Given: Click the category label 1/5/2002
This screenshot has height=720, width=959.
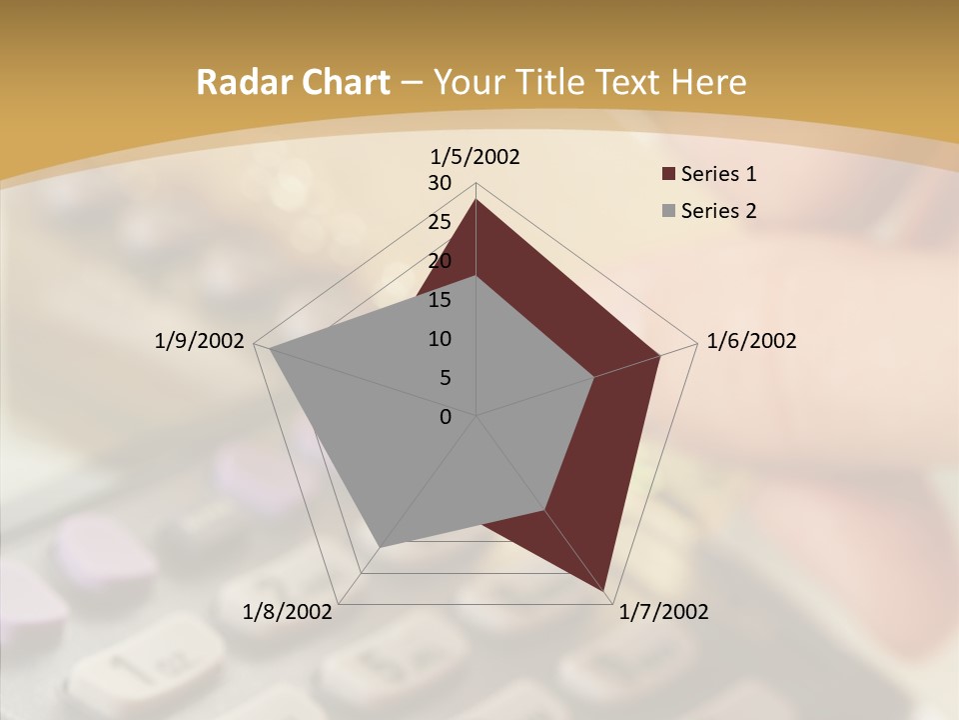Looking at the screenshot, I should click(x=476, y=157).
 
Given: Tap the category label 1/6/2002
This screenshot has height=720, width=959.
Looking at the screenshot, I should click(x=751, y=341).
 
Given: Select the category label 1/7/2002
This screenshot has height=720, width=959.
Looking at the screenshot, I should click(x=663, y=612).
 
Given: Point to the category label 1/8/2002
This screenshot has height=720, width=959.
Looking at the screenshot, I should click(x=288, y=612).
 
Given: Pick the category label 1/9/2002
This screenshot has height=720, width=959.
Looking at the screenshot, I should click(x=199, y=341).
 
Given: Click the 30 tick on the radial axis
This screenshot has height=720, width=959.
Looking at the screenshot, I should click(x=440, y=183).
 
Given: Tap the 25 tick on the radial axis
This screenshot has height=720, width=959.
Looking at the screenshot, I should click(x=440, y=222).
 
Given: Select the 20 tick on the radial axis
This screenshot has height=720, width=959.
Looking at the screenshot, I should click(x=440, y=261).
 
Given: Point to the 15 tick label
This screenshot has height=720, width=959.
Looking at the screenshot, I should click(x=440, y=300).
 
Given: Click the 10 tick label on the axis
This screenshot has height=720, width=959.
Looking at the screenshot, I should click(x=440, y=339).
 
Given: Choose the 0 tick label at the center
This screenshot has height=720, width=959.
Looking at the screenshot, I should click(x=446, y=417).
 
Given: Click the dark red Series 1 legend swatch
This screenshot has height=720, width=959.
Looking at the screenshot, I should click(x=668, y=174).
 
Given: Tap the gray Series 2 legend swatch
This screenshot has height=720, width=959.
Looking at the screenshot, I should click(x=668, y=211).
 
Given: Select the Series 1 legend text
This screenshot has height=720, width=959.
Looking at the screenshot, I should click(x=718, y=174).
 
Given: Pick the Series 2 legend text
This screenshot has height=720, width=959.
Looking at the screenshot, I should click(x=718, y=211).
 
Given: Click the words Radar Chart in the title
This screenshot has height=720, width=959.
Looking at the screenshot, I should click(x=293, y=82).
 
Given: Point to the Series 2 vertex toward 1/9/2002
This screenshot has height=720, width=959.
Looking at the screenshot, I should click(x=270, y=349).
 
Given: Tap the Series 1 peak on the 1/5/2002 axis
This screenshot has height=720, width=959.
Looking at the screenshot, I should click(x=476, y=200).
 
